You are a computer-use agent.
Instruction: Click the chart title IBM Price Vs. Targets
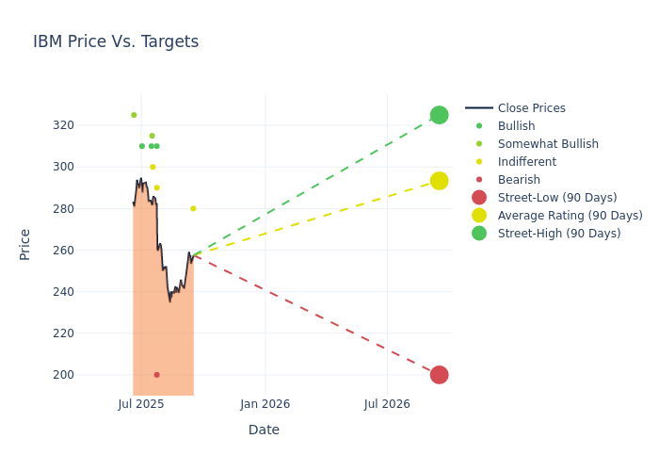(x=116, y=41)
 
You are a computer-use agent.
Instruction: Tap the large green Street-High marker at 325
(x=439, y=115)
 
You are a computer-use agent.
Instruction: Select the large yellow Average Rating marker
(x=439, y=181)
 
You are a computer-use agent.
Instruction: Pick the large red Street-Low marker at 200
(x=439, y=375)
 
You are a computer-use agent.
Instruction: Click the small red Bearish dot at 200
(x=156, y=375)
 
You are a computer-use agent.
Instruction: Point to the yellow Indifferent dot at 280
(x=193, y=208)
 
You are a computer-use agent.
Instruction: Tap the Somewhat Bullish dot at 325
(x=134, y=115)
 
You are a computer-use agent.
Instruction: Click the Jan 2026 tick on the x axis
(x=265, y=404)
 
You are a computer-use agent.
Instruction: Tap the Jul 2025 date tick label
(x=141, y=404)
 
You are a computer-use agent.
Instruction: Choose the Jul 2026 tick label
(x=387, y=404)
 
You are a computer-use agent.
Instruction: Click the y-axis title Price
(x=25, y=244)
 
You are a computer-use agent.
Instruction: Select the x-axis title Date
(x=264, y=430)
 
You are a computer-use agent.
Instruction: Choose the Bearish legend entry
(x=519, y=180)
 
